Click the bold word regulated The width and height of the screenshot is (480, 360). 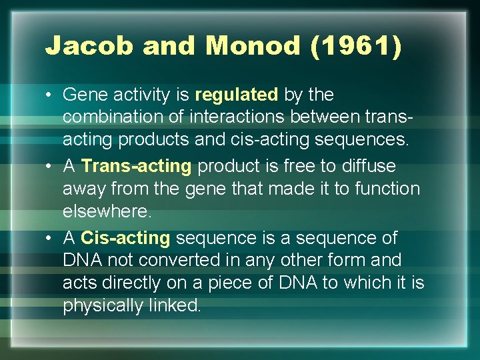(x=237, y=95)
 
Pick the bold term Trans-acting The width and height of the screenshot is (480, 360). (x=136, y=166)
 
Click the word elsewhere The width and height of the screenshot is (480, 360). (x=107, y=211)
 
